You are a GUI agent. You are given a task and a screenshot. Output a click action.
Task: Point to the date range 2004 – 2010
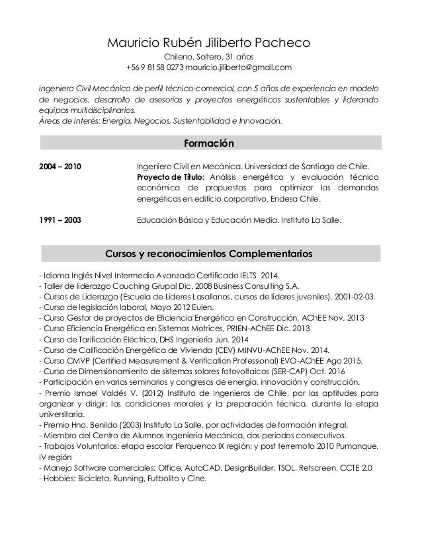coord(62,166)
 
